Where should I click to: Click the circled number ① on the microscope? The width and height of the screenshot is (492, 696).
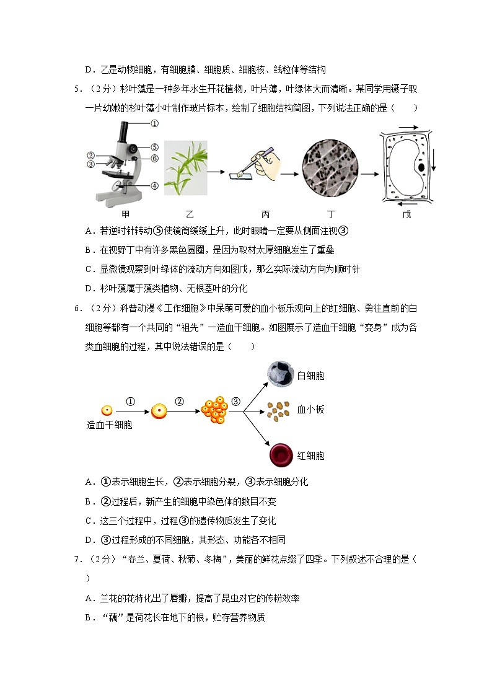point(154,123)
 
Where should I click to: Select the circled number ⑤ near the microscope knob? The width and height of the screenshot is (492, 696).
point(154,148)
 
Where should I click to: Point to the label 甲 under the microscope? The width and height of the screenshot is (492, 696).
point(125,214)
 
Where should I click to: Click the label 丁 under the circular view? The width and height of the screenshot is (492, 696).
point(332,214)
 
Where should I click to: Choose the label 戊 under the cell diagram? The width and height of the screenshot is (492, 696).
point(406,214)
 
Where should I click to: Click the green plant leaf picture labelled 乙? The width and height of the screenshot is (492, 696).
point(185,167)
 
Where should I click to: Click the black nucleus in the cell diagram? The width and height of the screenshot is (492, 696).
point(421,167)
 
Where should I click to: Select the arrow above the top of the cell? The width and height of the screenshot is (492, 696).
point(407,127)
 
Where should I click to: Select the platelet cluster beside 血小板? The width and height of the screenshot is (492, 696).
point(279,409)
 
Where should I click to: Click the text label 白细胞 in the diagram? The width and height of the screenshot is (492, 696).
point(310,376)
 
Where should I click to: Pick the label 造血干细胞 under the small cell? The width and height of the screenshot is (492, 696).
point(109,425)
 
